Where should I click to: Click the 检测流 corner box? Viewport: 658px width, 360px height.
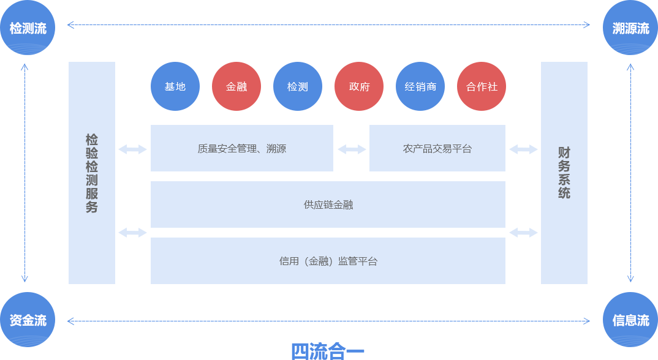28,28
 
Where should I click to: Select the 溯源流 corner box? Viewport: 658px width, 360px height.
630,28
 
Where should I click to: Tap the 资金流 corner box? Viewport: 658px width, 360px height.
28,320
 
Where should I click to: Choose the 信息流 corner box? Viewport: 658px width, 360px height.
630,320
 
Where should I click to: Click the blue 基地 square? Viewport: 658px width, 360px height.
175,86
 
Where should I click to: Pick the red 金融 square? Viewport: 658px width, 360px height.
236,86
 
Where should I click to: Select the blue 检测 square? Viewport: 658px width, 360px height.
298,86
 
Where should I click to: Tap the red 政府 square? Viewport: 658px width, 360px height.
359,86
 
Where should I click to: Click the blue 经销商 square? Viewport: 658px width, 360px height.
420,86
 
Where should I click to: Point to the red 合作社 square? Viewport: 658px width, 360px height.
482,86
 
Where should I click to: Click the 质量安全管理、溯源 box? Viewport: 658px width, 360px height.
242,148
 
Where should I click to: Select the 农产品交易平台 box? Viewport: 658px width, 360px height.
437,148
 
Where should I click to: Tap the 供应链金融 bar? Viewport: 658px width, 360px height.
328,204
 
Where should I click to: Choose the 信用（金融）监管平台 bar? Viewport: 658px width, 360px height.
328,261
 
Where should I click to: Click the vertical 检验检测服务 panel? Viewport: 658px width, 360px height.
92,173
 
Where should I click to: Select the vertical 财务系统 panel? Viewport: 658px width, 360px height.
564,173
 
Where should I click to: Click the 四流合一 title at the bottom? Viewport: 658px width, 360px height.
328,351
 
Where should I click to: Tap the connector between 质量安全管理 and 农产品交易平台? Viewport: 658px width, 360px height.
352,149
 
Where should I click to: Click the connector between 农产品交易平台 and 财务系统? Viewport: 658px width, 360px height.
523,149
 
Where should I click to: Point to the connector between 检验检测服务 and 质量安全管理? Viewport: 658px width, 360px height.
132,149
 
